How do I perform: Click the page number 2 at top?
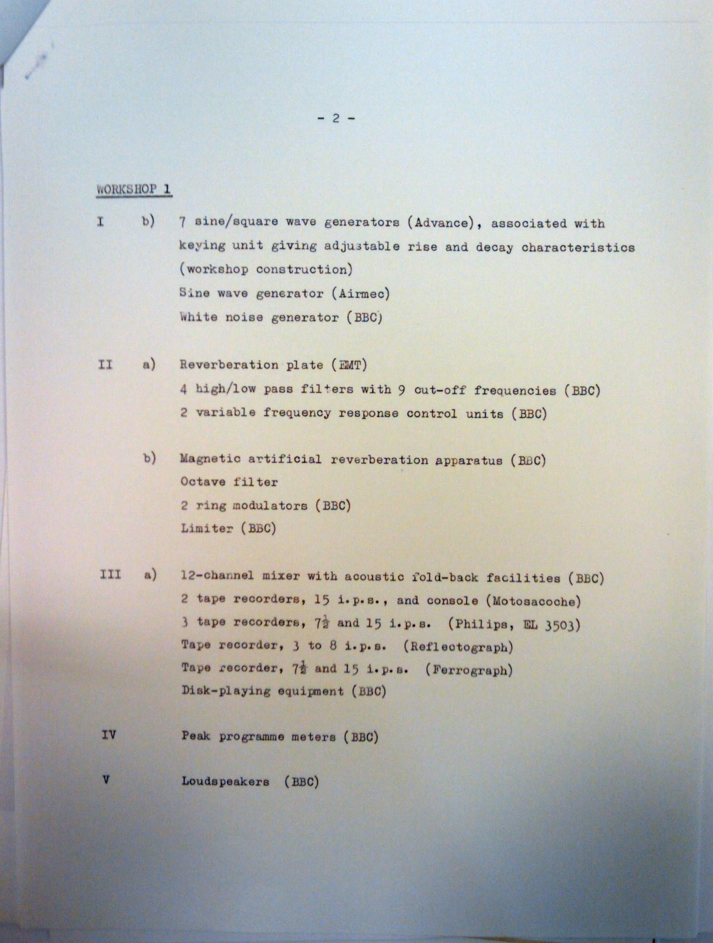pyautogui.click(x=336, y=118)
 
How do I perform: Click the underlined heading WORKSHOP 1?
pyautogui.click(x=134, y=189)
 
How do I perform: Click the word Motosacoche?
pyautogui.click(x=536, y=601)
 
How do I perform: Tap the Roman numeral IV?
pyautogui.click(x=108, y=734)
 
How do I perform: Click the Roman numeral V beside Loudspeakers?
pyautogui.click(x=105, y=779)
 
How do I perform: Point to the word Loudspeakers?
pyautogui.click(x=225, y=781)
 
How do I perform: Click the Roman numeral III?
pyautogui.click(x=110, y=574)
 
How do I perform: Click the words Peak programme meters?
pyautogui.click(x=259, y=736)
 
